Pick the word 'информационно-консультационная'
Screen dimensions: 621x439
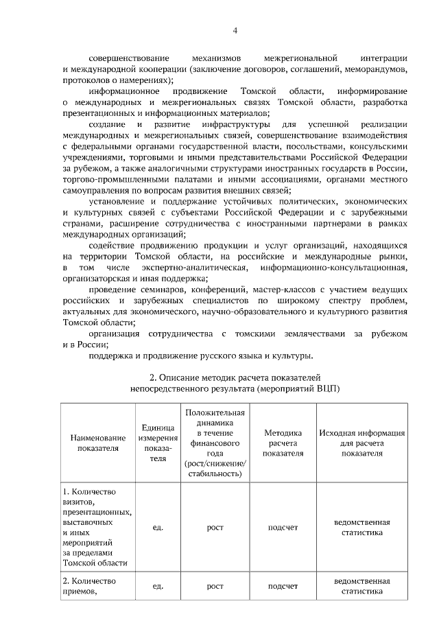[335, 267]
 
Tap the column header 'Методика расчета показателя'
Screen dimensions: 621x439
[283, 443]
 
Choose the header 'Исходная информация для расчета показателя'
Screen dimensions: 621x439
[362, 443]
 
